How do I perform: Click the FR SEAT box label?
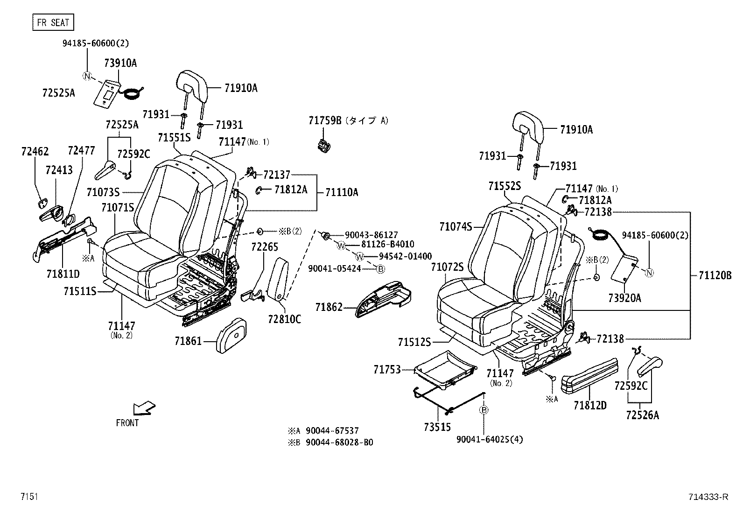click(x=53, y=22)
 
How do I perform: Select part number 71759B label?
click(x=325, y=120)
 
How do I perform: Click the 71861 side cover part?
click(x=232, y=335)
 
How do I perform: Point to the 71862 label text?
click(x=329, y=307)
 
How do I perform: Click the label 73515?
click(x=437, y=427)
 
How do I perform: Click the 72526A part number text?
click(x=642, y=415)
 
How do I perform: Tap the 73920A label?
click(x=624, y=298)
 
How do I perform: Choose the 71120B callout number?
click(x=715, y=275)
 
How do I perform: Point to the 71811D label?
click(x=63, y=274)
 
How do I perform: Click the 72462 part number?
click(x=35, y=151)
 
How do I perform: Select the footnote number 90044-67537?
click(x=332, y=431)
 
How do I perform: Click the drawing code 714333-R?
click(x=708, y=497)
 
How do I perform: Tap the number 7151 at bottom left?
click(x=28, y=497)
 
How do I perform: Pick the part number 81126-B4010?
click(x=387, y=245)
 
